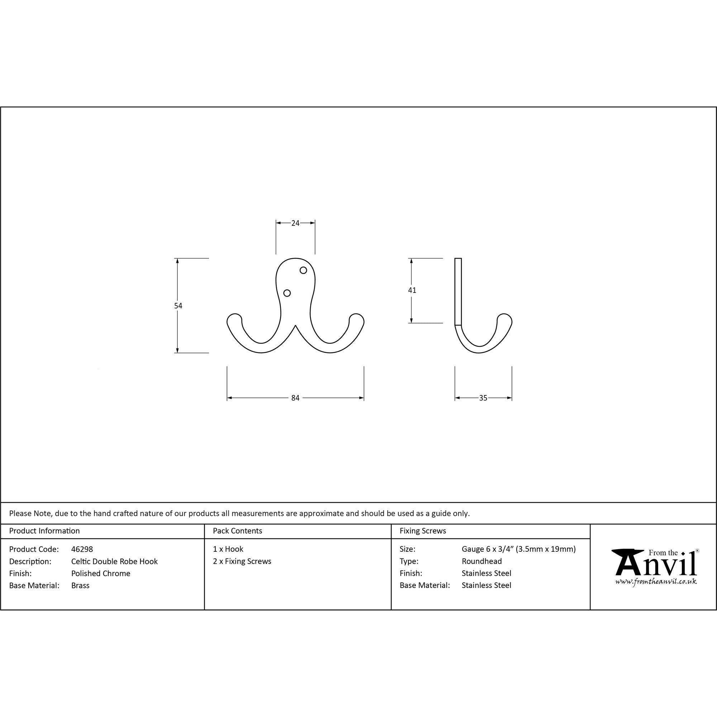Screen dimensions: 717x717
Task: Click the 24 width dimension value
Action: pos(295,223)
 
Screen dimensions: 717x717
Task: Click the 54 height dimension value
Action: pos(178,306)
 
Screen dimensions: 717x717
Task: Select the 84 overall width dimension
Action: pos(295,398)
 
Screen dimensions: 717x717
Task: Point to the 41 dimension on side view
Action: pos(412,290)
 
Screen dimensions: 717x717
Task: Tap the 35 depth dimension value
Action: pos(483,398)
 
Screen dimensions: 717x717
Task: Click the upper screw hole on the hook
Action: pos(303,270)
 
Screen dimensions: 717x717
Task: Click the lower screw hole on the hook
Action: pos(287,293)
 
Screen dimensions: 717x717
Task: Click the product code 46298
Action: pos(82,549)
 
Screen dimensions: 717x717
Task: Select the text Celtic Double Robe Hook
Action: pos(114,561)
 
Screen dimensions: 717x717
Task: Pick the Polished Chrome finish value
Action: pos(101,573)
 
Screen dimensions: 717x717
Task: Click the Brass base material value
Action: pos(80,585)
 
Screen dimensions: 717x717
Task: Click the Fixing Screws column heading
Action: pos(423,531)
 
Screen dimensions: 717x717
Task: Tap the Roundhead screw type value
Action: pos(481,561)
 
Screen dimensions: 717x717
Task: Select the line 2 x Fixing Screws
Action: pos(242,561)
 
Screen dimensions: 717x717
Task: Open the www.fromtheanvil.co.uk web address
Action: pos(656,581)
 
